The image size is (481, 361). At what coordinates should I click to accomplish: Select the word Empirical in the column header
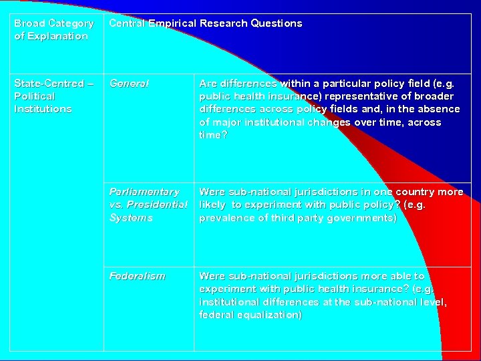click(170, 23)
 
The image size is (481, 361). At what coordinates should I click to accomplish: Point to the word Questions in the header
click(277, 23)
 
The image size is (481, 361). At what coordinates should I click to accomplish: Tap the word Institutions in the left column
click(43, 109)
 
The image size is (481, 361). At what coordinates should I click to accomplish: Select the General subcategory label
click(129, 84)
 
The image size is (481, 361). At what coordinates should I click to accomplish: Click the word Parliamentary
click(144, 192)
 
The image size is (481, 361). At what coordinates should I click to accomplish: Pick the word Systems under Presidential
click(131, 218)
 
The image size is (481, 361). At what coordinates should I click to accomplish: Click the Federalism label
click(137, 275)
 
